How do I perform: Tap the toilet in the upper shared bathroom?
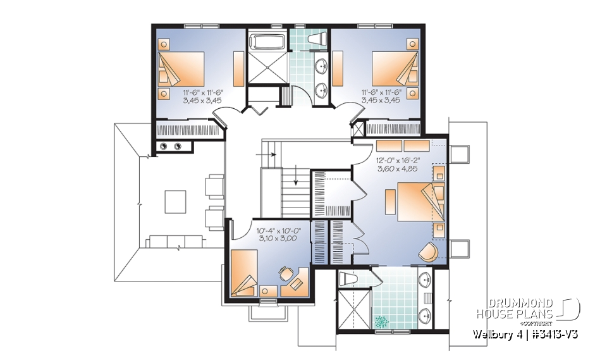click(316, 40)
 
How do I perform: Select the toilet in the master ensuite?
click(348, 278)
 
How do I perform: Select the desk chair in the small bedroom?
click(284, 274)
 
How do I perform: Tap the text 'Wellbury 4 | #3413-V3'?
click(525, 333)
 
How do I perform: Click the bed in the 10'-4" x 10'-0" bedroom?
click(244, 272)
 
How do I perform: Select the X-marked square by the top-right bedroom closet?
click(359, 129)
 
